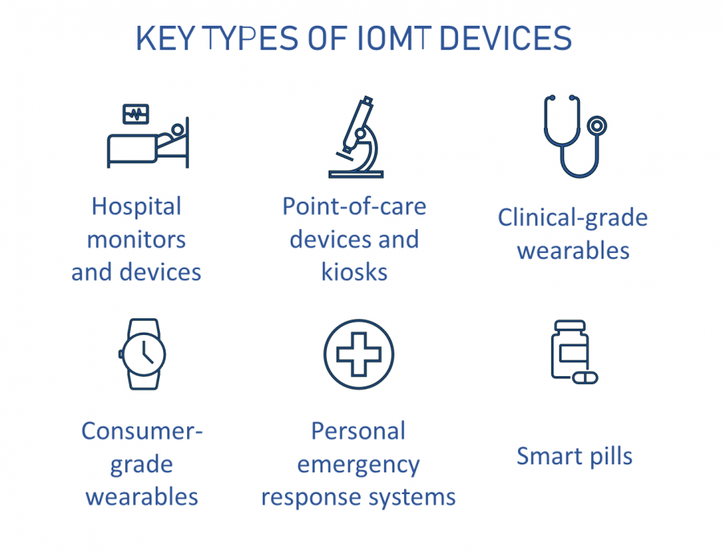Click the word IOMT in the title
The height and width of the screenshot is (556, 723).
click(391, 39)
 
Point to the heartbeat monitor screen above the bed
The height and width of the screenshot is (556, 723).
click(136, 114)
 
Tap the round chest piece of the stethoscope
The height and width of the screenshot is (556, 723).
click(596, 125)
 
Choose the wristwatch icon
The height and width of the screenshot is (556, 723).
click(142, 354)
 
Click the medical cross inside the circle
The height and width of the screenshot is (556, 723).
click(358, 354)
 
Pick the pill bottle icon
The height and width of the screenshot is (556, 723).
click(569, 350)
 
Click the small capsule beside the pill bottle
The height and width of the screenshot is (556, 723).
click(586, 376)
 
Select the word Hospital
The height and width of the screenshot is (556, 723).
click(137, 206)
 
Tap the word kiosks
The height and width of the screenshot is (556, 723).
click(354, 272)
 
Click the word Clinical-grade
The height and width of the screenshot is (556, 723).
click(573, 218)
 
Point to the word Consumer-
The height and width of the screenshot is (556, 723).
click(141, 431)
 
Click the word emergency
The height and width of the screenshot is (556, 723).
click(358, 464)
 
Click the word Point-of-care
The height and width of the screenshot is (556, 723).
click(354, 206)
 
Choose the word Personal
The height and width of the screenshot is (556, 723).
click(358, 431)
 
